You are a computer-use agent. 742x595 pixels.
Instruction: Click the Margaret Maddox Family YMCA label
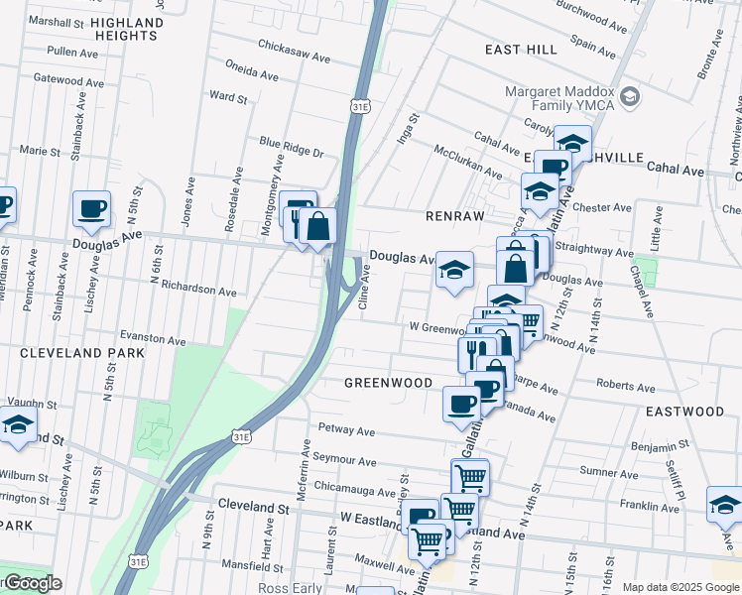[x=560, y=100]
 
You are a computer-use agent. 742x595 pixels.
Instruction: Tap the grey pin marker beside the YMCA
[x=629, y=96]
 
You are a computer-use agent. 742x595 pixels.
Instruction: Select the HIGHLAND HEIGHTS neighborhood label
[x=125, y=30]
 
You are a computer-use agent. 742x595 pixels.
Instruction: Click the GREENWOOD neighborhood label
[x=388, y=383]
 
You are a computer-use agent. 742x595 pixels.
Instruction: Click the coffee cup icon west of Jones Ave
[x=91, y=208]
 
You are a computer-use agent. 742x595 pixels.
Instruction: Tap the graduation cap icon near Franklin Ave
[x=724, y=504]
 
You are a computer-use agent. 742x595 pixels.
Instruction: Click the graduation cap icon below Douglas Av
[x=454, y=269]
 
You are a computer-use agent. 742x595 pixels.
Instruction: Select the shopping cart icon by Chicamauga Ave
[x=470, y=476]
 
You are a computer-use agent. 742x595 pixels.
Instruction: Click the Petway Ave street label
[x=346, y=431]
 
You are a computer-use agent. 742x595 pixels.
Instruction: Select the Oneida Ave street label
[x=252, y=73]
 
